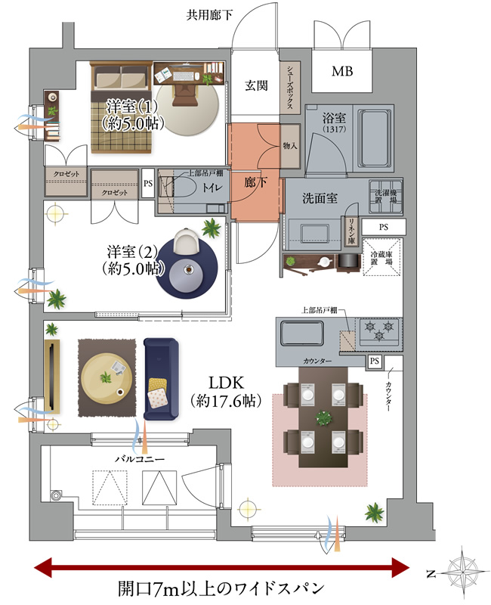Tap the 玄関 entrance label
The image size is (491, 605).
256,86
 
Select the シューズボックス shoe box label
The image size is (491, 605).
289,88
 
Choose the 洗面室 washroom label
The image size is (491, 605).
320,199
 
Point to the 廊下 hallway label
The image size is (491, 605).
255,182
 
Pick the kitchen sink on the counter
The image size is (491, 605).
301,334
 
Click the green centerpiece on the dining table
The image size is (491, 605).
323,417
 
